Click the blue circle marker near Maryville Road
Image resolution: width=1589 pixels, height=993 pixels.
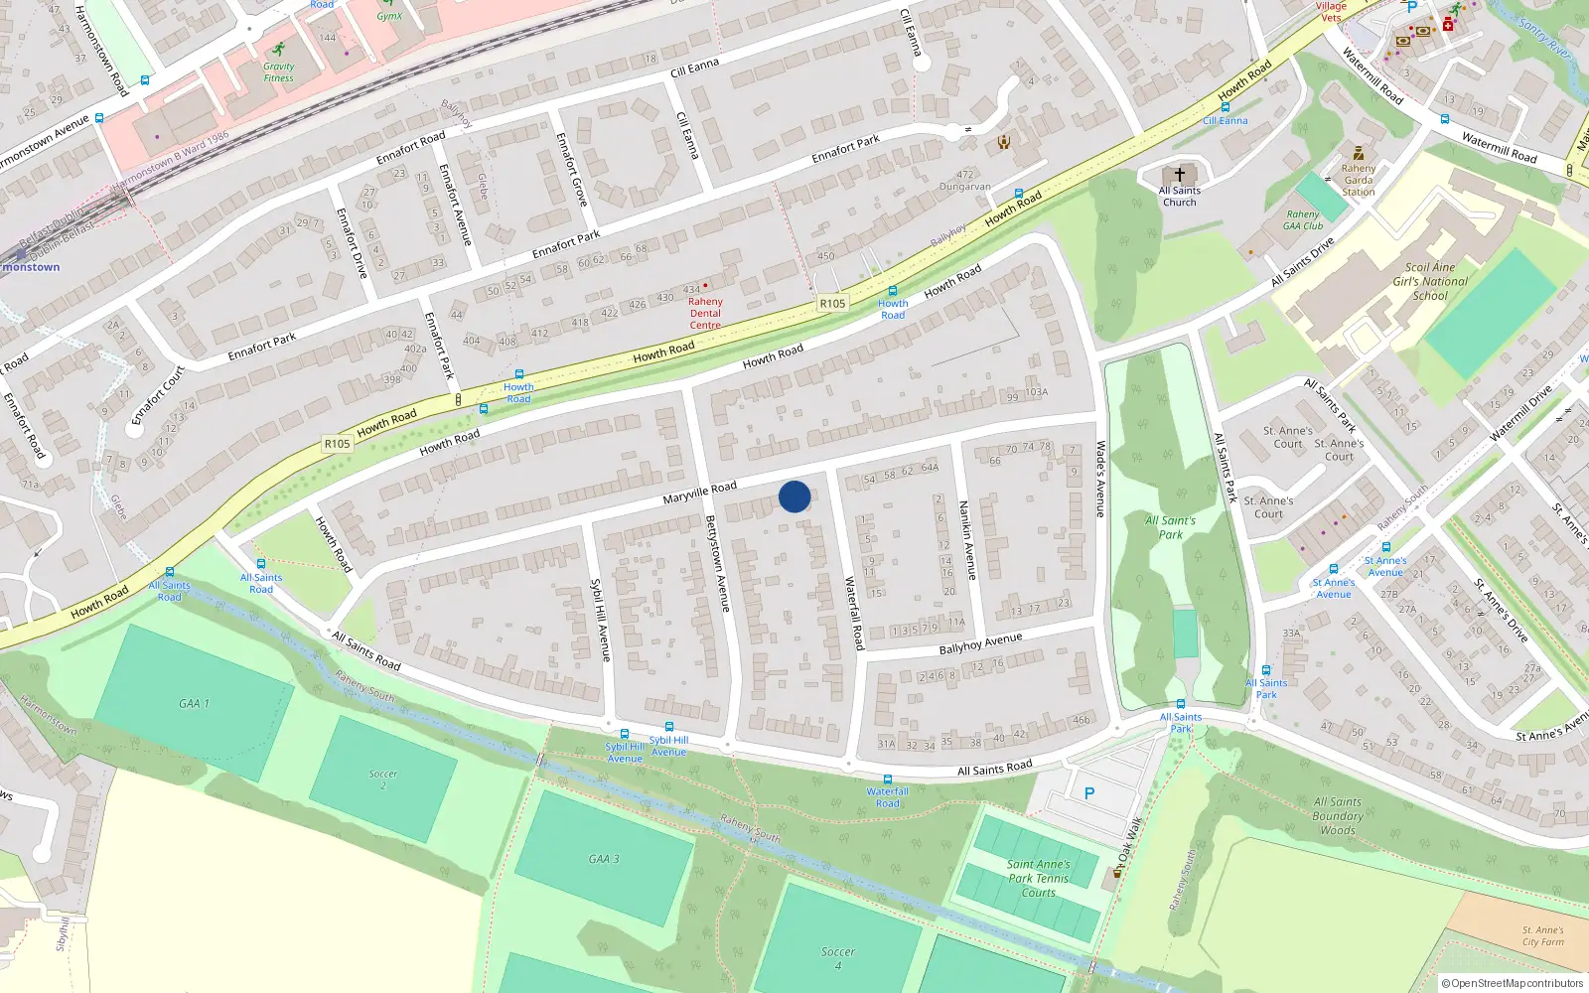(x=794, y=496)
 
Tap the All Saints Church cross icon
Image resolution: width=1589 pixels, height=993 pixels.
(x=1180, y=174)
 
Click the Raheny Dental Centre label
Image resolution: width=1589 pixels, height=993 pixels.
(x=705, y=313)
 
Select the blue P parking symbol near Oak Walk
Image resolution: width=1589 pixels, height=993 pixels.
(x=1089, y=793)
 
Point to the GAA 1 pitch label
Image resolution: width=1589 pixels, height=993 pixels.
(x=194, y=703)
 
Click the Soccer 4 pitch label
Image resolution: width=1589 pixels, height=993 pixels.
(x=837, y=957)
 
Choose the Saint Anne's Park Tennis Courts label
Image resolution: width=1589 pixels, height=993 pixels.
(x=1039, y=878)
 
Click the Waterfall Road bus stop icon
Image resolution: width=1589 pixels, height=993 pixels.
(x=887, y=780)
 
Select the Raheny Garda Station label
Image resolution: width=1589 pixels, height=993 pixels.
(x=1359, y=180)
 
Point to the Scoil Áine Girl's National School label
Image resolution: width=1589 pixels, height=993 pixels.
(x=1430, y=281)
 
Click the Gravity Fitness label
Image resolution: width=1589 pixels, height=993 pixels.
(x=278, y=71)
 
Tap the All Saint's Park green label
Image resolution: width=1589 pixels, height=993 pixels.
(x=1170, y=527)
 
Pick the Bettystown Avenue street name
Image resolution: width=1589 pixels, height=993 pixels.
(x=717, y=563)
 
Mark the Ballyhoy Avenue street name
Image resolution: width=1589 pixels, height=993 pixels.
(x=980, y=643)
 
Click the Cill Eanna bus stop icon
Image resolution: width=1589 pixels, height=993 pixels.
(x=1225, y=107)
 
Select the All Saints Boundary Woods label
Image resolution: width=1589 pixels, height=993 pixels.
(x=1338, y=816)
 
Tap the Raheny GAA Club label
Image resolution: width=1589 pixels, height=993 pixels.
(x=1303, y=219)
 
